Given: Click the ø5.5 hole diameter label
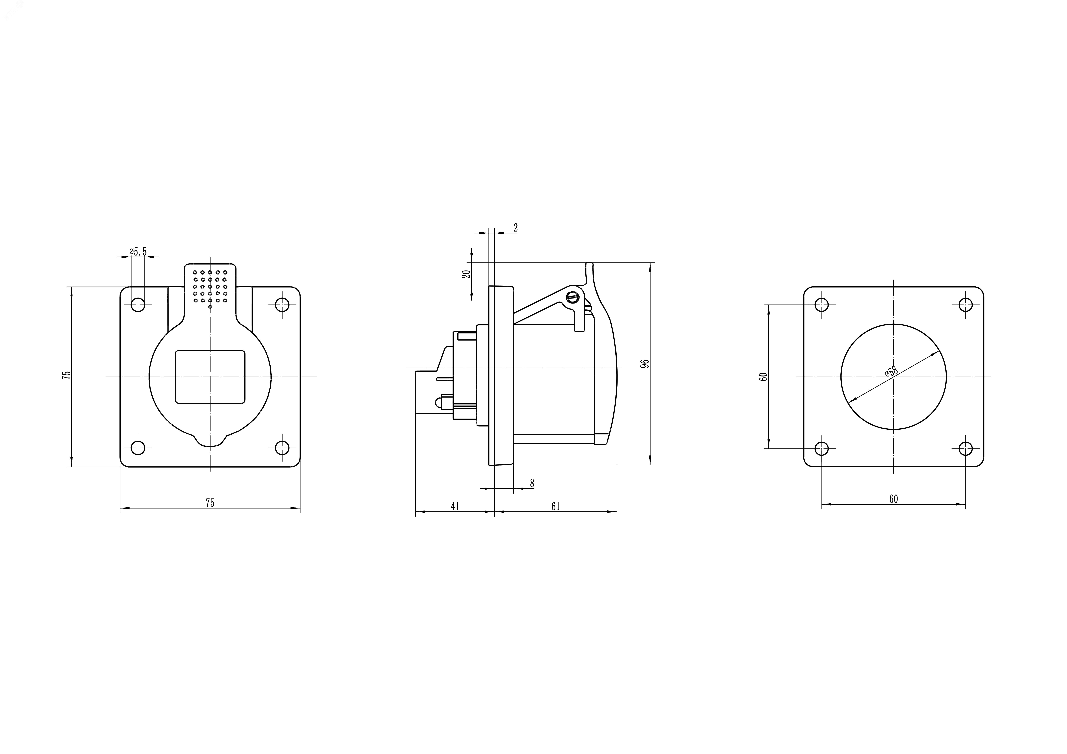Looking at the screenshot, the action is tap(138, 252).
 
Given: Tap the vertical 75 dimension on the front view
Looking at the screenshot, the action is tap(67, 375).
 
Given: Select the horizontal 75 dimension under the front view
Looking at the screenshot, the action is tap(210, 503).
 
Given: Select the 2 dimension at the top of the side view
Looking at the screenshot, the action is tap(515, 228).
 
